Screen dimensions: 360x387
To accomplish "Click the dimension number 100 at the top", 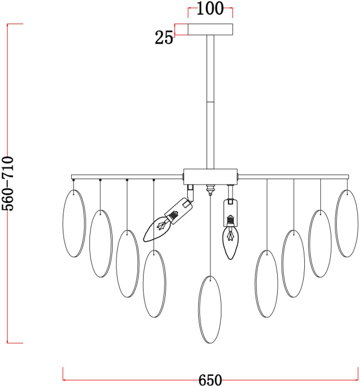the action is pyautogui.click(x=210, y=8).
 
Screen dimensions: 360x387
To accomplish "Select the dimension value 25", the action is pyautogui.click(x=164, y=38).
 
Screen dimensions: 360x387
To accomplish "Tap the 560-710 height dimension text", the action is pyautogui.click(x=7, y=184).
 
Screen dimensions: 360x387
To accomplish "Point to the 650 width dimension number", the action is pyautogui.click(x=210, y=380).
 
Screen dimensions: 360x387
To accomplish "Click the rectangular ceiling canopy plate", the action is pyautogui.click(x=210, y=29).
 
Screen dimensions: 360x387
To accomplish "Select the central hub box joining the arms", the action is pyautogui.click(x=210, y=177).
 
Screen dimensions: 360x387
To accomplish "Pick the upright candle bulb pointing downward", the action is pyautogui.click(x=230, y=243).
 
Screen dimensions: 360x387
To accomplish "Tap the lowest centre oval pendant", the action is pyautogui.click(x=210, y=310).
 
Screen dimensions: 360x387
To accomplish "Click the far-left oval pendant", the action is pyautogui.click(x=74, y=223).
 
